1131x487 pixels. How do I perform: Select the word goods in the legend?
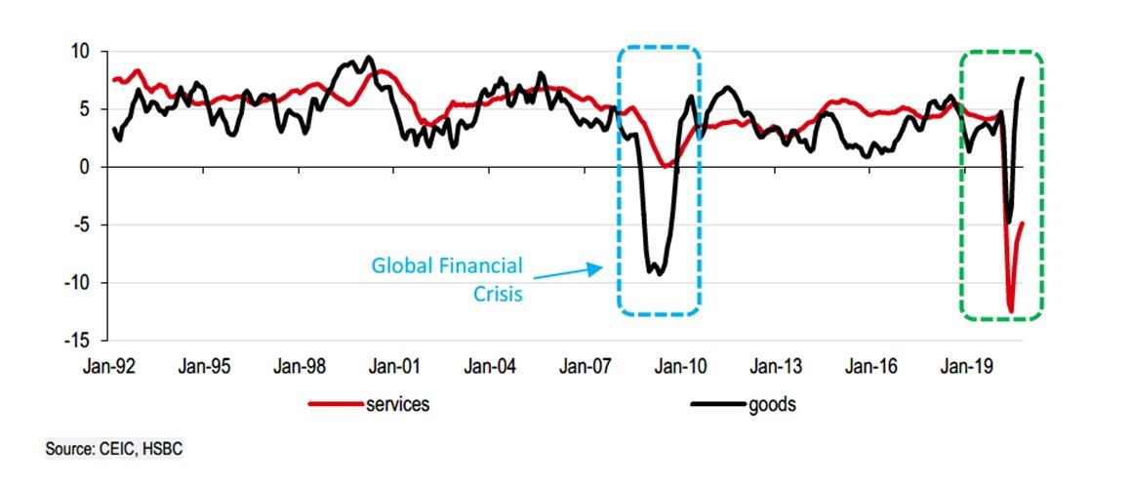[772, 404]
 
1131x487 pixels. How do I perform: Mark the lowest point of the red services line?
[1011, 311]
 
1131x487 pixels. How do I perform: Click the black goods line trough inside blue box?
[661, 274]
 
